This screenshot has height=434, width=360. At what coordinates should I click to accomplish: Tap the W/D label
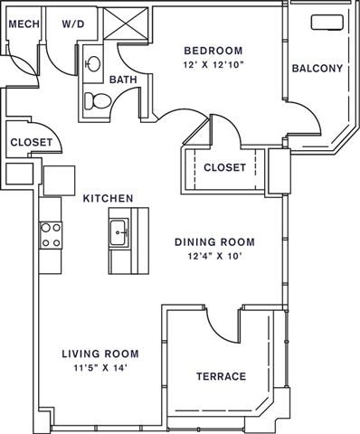74,24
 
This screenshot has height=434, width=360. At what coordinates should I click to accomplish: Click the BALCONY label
317,68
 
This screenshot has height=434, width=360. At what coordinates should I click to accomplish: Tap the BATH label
123,80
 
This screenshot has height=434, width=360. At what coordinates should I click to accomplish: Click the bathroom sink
93,65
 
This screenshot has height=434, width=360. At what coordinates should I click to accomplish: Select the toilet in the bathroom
93,99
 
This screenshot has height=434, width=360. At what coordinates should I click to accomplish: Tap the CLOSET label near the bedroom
225,167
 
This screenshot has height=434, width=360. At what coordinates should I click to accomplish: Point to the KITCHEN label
109,198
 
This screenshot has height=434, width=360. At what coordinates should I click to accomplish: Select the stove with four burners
51,235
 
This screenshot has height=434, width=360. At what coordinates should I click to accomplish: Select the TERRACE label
221,376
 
